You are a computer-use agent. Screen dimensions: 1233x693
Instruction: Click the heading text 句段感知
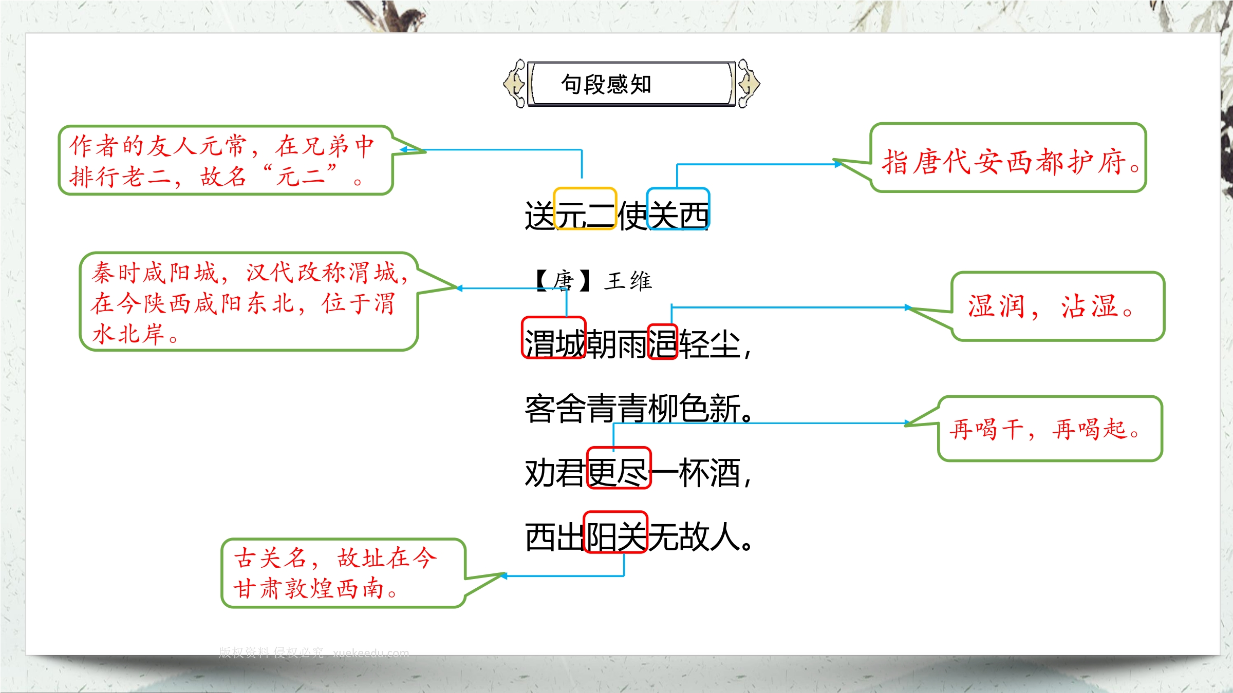point(606,84)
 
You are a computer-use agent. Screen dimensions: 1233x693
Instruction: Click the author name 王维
point(628,281)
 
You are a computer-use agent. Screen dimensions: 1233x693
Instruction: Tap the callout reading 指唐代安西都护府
point(1008,158)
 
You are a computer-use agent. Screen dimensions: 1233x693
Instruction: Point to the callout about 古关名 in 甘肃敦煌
point(343,573)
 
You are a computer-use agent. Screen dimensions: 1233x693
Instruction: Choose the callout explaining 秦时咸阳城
point(249,302)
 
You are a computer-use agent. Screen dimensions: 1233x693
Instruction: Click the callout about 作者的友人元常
point(226,160)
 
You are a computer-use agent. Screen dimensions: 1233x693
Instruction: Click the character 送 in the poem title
point(539,216)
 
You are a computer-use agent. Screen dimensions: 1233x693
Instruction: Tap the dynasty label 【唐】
point(563,281)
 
